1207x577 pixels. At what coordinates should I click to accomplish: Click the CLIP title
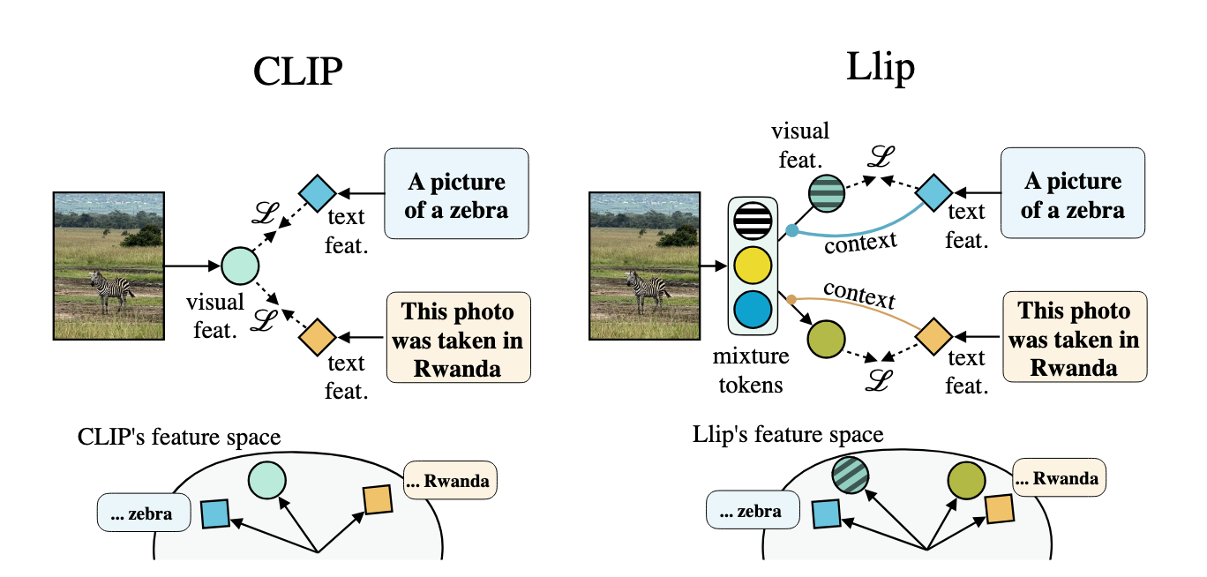click(x=298, y=71)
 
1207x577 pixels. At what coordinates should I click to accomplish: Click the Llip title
click(x=881, y=68)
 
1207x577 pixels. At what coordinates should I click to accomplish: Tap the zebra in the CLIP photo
click(x=112, y=290)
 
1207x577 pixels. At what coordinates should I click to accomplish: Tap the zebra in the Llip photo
click(x=648, y=290)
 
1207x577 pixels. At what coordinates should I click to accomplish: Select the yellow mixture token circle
click(x=753, y=265)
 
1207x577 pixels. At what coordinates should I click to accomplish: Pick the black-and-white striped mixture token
click(x=753, y=221)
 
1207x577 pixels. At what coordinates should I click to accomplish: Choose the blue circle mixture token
click(x=753, y=310)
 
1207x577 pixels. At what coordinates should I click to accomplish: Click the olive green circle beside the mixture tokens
click(x=826, y=339)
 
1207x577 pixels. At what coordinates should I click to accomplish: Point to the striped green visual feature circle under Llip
click(x=827, y=193)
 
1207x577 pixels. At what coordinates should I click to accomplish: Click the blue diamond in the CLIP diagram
click(x=318, y=193)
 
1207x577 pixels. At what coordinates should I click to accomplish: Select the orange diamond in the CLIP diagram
click(x=318, y=337)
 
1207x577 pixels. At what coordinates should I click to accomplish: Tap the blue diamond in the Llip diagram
click(x=933, y=192)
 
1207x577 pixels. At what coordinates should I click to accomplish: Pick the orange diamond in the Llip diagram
click(x=933, y=336)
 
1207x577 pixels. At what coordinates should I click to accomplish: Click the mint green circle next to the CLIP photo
click(x=240, y=266)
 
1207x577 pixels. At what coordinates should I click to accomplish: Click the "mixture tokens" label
click(x=751, y=371)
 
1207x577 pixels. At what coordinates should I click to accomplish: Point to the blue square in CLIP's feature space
click(x=215, y=513)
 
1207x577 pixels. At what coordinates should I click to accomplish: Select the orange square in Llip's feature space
click(x=1000, y=509)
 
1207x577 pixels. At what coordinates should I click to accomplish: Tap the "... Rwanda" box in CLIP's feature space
click(x=450, y=480)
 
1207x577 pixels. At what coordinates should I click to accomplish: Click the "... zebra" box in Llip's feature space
click(x=753, y=510)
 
